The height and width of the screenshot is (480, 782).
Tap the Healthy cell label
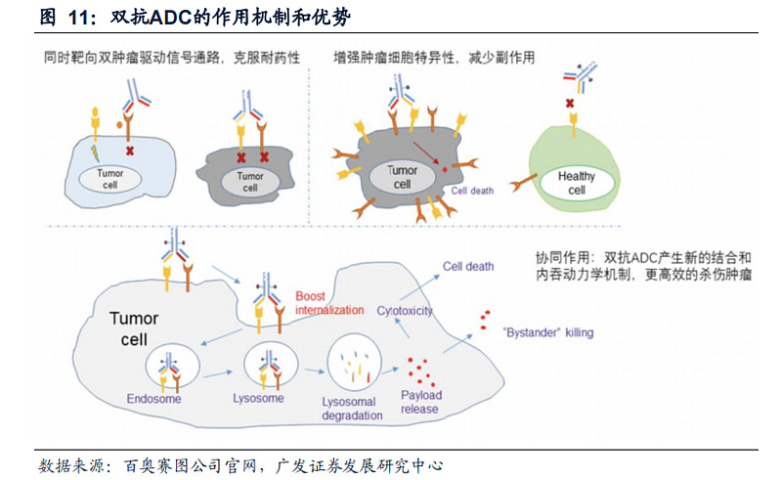click(x=577, y=183)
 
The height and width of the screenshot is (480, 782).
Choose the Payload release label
click(x=421, y=402)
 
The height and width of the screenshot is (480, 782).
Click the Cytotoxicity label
click(x=405, y=311)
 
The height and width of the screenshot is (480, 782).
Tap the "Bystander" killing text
click(x=546, y=332)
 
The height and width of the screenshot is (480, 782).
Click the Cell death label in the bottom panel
click(x=468, y=266)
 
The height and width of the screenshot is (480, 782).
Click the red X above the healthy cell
click(x=569, y=104)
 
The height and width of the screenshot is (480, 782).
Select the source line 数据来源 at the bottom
click(x=243, y=462)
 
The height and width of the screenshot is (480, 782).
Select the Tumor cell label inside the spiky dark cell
click(x=402, y=177)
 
